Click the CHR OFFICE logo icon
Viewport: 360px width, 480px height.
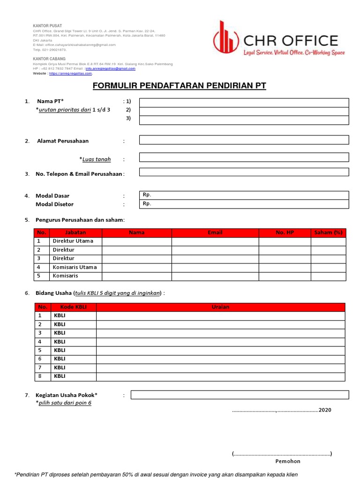click(x=225, y=37)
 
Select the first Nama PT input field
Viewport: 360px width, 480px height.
click(x=244, y=103)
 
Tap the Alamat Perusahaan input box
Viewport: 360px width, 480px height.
click(x=244, y=140)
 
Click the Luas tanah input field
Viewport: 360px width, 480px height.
click(x=244, y=157)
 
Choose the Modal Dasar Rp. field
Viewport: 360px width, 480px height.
click(x=244, y=195)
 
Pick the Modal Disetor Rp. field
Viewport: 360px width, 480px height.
click(x=244, y=204)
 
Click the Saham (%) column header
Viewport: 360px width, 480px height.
click(x=328, y=232)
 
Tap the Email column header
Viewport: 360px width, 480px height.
click(x=215, y=232)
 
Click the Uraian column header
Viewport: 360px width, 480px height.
click(x=220, y=307)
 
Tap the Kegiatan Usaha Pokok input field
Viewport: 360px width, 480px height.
click(x=240, y=395)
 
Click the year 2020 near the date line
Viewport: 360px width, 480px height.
click(x=325, y=410)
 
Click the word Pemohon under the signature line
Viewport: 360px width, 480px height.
click(x=288, y=461)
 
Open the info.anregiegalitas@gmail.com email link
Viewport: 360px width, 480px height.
click(x=110, y=68)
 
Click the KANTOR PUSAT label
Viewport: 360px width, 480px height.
click(x=47, y=25)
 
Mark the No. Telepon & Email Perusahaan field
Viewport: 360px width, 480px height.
click(x=244, y=172)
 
